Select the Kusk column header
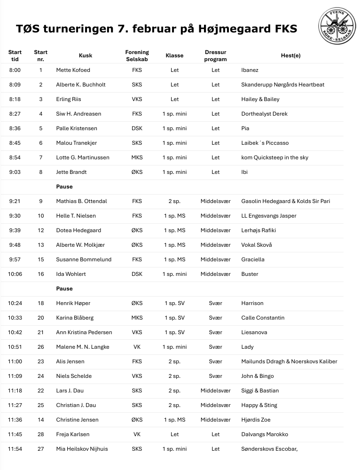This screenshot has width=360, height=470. click(x=86, y=55)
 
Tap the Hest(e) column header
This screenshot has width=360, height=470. click(x=290, y=55)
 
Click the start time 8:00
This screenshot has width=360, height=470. click(x=15, y=70)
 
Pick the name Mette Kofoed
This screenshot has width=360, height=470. click(x=73, y=70)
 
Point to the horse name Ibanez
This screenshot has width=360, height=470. click(x=250, y=70)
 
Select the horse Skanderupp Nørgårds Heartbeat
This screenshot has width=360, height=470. click(x=282, y=85)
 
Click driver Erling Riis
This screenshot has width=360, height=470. click(x=69, y=99)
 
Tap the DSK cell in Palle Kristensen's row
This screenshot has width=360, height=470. click(x=137, y=128)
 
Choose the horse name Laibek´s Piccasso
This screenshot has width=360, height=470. click(x=265, y=143)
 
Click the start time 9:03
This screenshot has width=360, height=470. click(x=15, y=172)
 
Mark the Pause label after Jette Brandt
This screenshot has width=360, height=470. click(x=64, y=187)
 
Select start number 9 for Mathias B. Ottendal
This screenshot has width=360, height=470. click(x=41, y=201)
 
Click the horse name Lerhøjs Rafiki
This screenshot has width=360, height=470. click(x=258, y=230)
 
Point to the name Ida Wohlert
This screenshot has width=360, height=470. click(x=71, y=274)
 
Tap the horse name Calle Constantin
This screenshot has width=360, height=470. click(x=263, y=318)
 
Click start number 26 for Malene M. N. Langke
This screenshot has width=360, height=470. click(x=41, y=347)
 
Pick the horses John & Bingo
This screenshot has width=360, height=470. click(x=258, y=376)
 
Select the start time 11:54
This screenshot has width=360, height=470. click(x=15, y=449)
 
